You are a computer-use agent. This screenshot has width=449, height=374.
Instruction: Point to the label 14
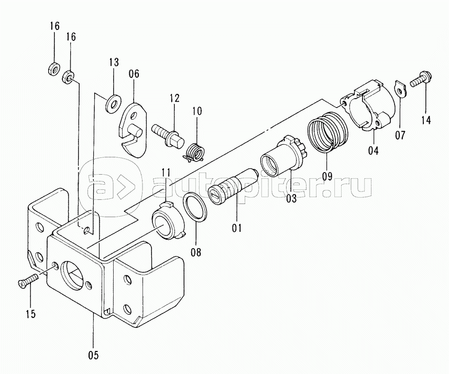point(425,120)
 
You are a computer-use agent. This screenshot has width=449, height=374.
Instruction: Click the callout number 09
point(328,176)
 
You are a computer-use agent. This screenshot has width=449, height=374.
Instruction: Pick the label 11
point(166,173)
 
